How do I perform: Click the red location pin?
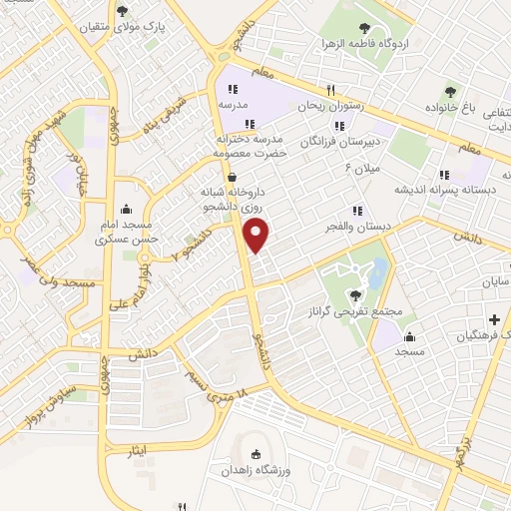(257, 236)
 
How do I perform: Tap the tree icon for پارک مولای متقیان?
(122, 12)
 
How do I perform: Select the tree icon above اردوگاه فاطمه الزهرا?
(355, 24)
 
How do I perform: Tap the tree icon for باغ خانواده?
(449, 92)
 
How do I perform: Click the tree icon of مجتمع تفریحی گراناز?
(354, 293)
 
